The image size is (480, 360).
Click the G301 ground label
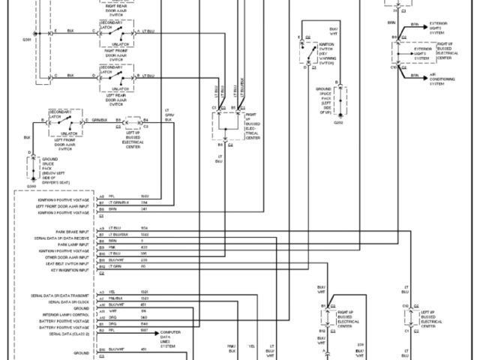coord(27,38)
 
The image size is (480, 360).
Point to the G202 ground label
coord(338,122)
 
